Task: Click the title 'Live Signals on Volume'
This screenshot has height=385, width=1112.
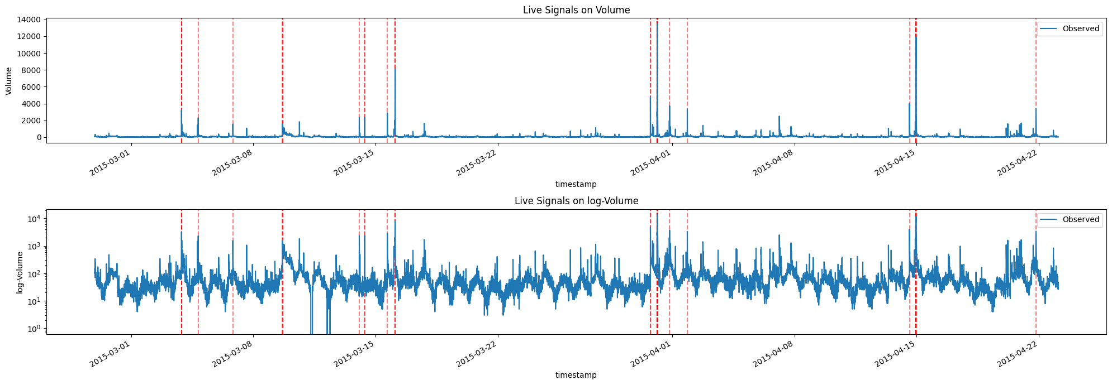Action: point(576,10)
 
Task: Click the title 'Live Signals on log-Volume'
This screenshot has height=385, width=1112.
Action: point(576,201)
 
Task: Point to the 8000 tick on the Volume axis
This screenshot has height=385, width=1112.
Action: point(31,70)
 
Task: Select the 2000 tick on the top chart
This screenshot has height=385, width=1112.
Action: point(31,121)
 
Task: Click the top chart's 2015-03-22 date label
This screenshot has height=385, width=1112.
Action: point(477,162)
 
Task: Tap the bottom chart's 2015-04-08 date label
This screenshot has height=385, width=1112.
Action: point(774,353)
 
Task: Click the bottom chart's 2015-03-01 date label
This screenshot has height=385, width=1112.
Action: point(110,353)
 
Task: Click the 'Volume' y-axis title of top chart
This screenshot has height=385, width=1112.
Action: point(9,81)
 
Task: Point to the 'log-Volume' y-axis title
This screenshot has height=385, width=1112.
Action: point(20,272)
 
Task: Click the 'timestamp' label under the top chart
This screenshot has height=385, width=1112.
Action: point(576,184)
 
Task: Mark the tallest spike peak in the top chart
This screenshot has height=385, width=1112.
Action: point(657,22)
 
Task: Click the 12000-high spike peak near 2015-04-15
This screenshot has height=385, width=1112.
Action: point(916,36)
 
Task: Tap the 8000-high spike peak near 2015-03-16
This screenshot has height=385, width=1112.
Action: point(395,67)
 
